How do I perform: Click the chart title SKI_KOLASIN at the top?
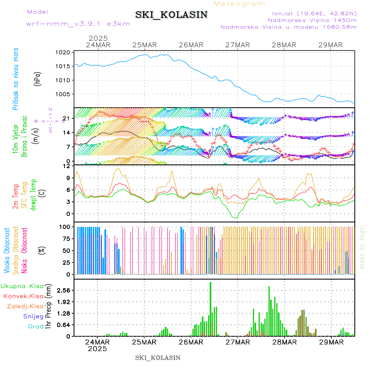point(171,15)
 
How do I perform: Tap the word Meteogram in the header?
point(240,4)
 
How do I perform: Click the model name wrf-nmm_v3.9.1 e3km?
point(78,23)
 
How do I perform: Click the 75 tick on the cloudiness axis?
point(66,238)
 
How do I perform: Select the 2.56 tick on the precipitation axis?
point(63,290)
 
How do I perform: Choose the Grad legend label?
point(36,326)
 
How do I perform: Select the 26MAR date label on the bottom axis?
point(191,342)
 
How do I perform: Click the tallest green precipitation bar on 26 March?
point(210,309)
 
